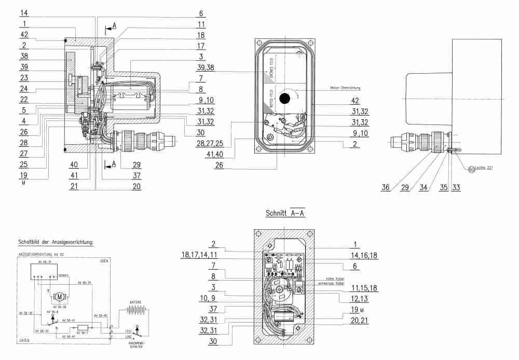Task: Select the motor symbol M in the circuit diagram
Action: (x=59, y=297)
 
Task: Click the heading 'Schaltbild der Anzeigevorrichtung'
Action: (x=55, y=242)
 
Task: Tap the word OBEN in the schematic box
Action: (x=104, y=261)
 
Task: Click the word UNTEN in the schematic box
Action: (x=24, y=340)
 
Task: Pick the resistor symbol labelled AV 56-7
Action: (x=84, y=327)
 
